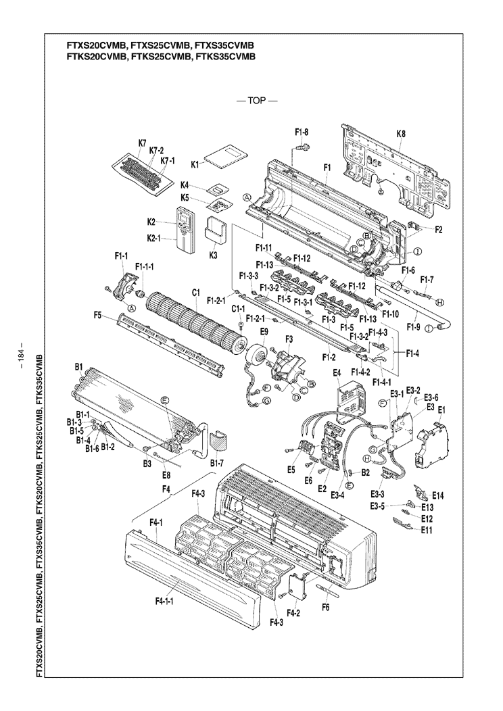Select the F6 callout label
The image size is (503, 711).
[326, 607]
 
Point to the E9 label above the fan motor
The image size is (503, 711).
[264, 331]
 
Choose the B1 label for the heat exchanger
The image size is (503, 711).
[78, 368]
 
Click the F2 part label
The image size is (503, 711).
[438, 229]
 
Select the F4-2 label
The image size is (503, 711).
[293, 612]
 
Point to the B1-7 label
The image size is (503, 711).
[216, 463]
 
